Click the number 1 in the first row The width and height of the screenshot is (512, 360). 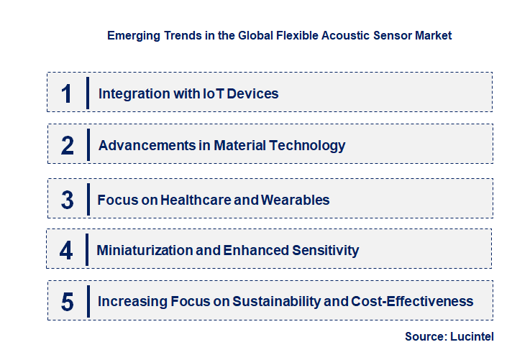(66, 93)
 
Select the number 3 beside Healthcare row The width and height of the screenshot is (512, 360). (67, 200)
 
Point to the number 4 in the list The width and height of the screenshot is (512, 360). (66, 251)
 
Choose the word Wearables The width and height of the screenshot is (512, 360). (294, 200)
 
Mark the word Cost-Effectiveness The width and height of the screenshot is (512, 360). (412, 302)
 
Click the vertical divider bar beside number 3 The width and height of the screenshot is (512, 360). (87, 198)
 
